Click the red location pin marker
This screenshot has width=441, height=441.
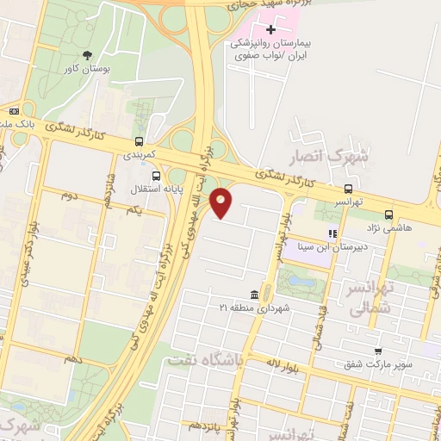221,202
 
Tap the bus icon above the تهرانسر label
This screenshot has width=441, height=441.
348,189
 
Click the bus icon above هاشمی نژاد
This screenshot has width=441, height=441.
389,214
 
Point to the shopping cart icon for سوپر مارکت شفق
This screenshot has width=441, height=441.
378,351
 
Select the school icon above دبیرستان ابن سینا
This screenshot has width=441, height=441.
332,233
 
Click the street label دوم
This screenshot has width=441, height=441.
69,196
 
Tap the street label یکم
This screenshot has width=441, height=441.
133,211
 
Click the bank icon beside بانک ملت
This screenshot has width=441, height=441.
14,111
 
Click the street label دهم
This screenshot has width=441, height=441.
72,357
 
